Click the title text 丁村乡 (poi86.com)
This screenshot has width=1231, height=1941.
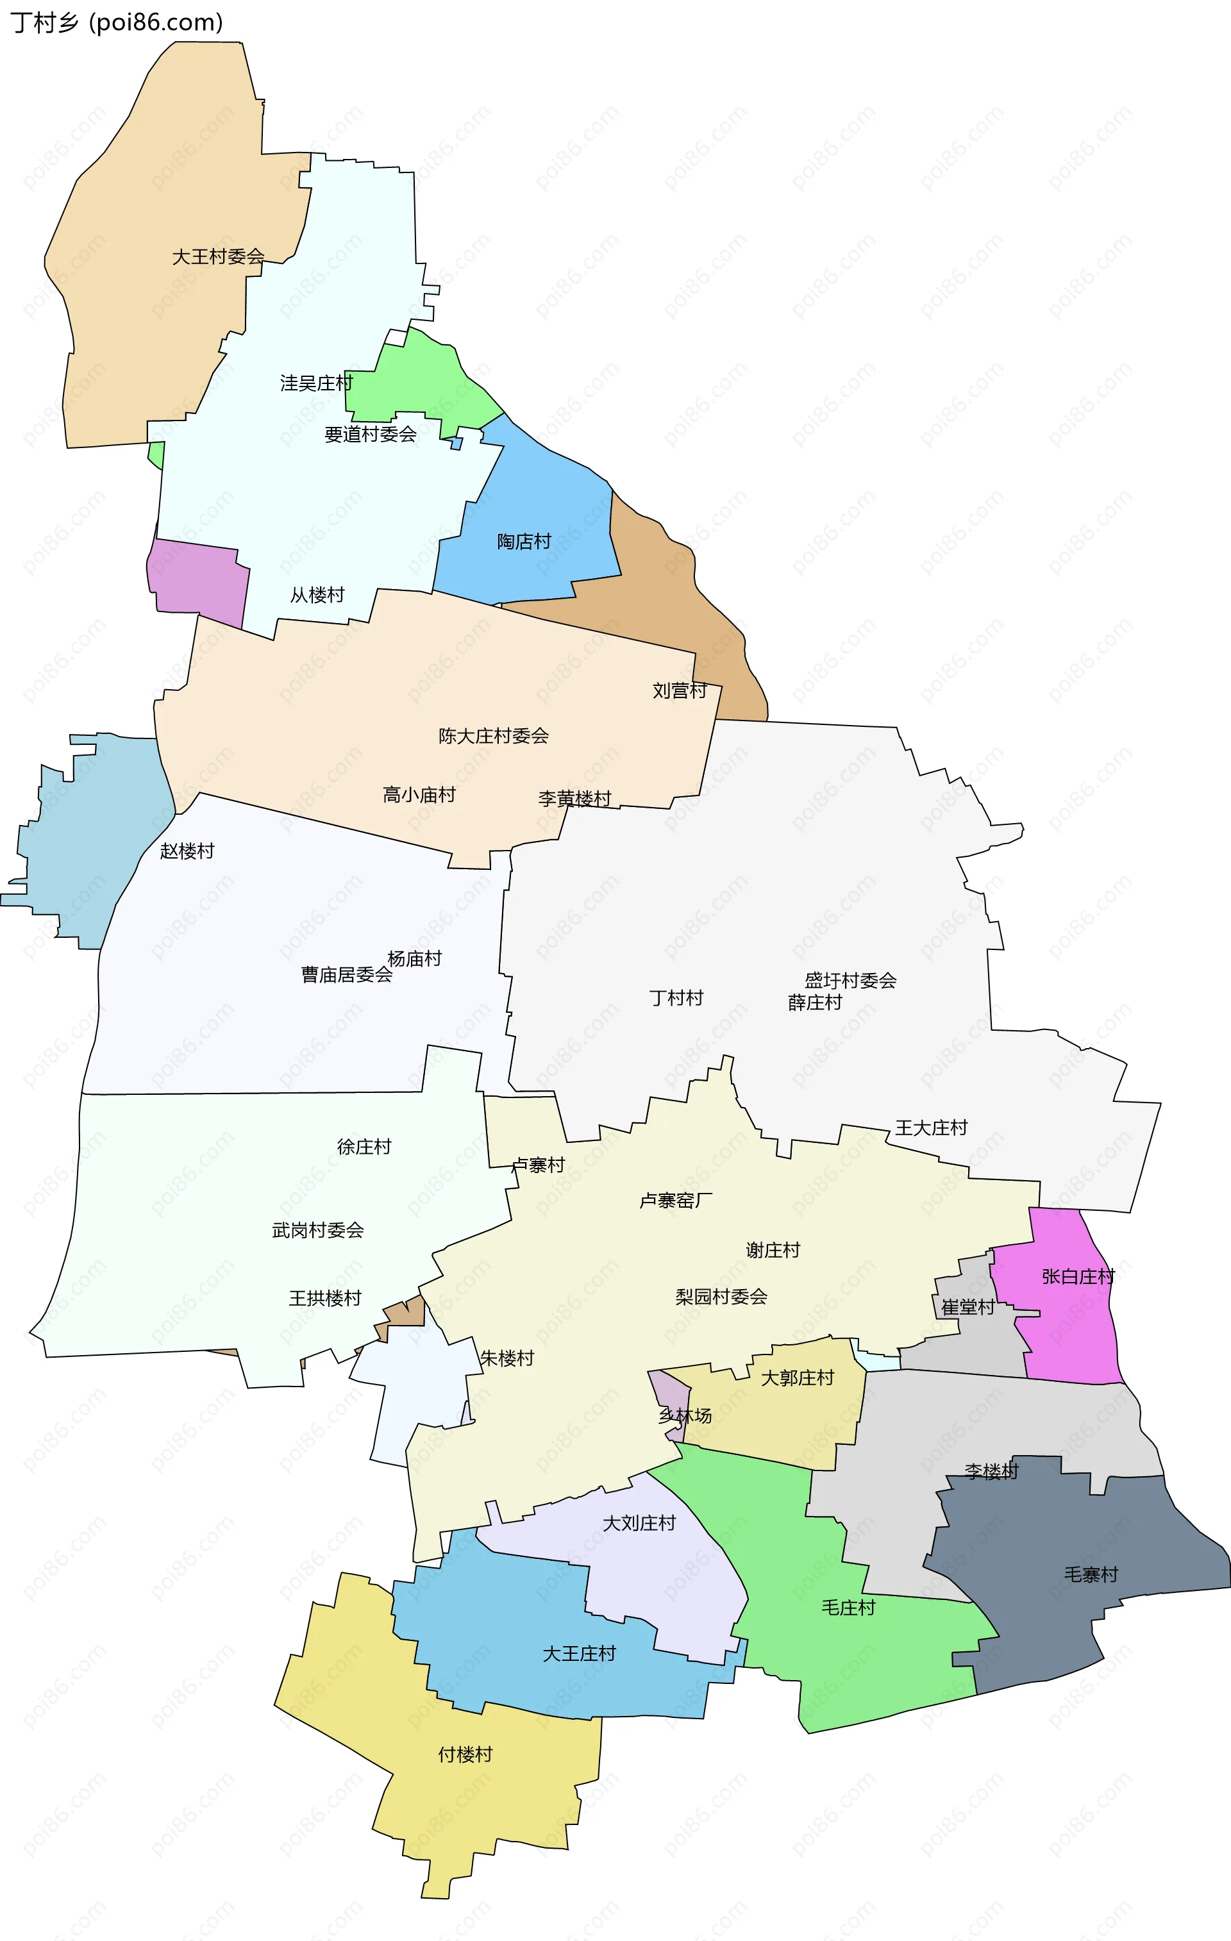pyautogui.click(x=117, y=22)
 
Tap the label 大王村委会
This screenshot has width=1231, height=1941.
pyautogui.click(x=217, y=256)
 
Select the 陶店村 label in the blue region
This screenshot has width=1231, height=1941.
pyautogui.click(x=524, y=541)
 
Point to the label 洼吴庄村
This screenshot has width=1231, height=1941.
pyautogui.click(x=316, y=383)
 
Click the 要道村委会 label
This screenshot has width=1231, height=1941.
pyautogui.click(x=370, y=435)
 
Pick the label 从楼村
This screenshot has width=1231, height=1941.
pyautogui.click(x=317, y=595)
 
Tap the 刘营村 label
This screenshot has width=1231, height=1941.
pyautogui.click(x=679, y=690)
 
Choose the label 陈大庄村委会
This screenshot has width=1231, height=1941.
pyautogui.click(x=494, y=735)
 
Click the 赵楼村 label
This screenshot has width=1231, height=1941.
pyautogui.click(x=187, y=851)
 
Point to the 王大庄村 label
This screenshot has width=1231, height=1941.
pyautogui.click(x=930, y=1128)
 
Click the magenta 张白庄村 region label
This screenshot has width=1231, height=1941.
pyautogui.click(x=1077, y=1276)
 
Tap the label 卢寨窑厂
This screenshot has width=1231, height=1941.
pyautogui.click(x=676, y=1200)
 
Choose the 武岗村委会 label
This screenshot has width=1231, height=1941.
pyautogui.click(x=317, y=1230)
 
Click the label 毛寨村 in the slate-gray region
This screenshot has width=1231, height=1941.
pyautogui.click(x=1091, y=1574)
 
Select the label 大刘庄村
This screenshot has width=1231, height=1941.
pyautogui.click(x=639, y=1522)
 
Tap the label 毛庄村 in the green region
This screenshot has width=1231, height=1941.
pyautogui.click(x=848, y=1607)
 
